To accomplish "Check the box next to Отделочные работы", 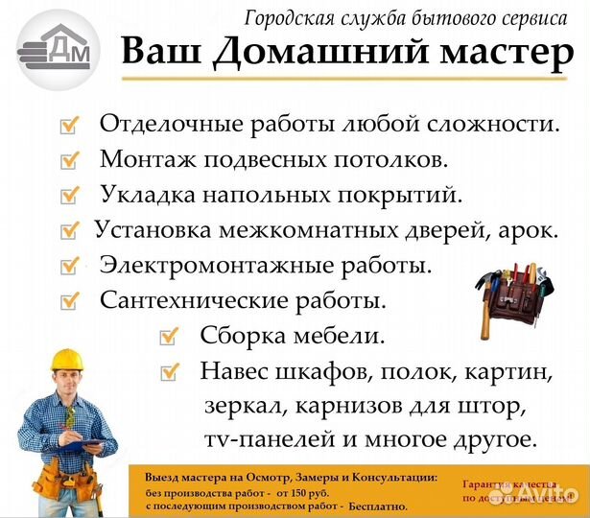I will coord(69,125).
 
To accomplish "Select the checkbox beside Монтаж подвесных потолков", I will coord(69,159).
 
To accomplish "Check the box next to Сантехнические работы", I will coord(69,301).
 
